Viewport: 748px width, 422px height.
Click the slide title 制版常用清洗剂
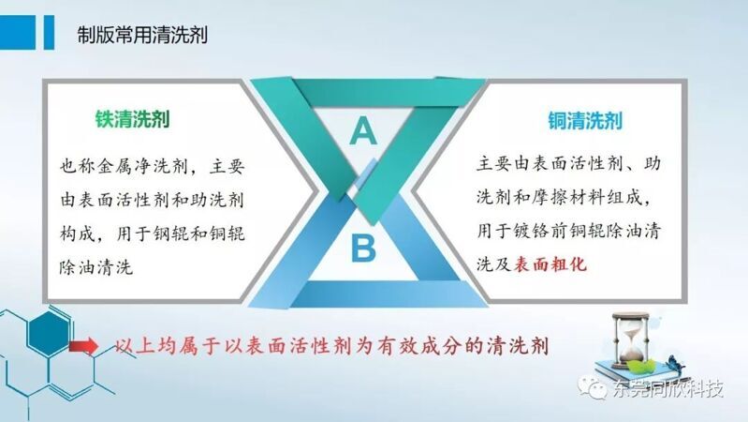pyautogui.click(x=142, y=35)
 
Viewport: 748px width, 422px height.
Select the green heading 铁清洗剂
pyautogui.click(x=132, y=119)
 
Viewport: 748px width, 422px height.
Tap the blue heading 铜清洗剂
pyautogui.click(x=585, y=121)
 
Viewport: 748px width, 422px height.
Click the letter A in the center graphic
pyautogui.click(x=363, y=130)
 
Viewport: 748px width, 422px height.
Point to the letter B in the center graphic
pyautogui.click(x=363, y=249)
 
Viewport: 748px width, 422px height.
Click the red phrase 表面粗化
pyautogui.click(x=550, y=264)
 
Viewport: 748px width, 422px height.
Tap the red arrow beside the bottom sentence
pyautogui.click(x=83, y=345)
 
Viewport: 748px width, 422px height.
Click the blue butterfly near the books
pyautogui.click(x=675, y=364)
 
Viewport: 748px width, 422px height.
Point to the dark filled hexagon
pyautogui.click(x=48, y=333)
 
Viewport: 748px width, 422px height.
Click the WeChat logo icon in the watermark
pyautogui.click(x=592, y=386)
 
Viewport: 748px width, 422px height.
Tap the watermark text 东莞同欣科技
pyautogui.click(x=667, y=388)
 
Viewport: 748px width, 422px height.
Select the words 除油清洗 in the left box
pyautogui.click(x=95, y=267)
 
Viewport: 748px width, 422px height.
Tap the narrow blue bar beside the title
pyautogui.click(x=49, y=33)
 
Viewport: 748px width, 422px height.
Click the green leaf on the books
pyautogui.click(x=639, y=366)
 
